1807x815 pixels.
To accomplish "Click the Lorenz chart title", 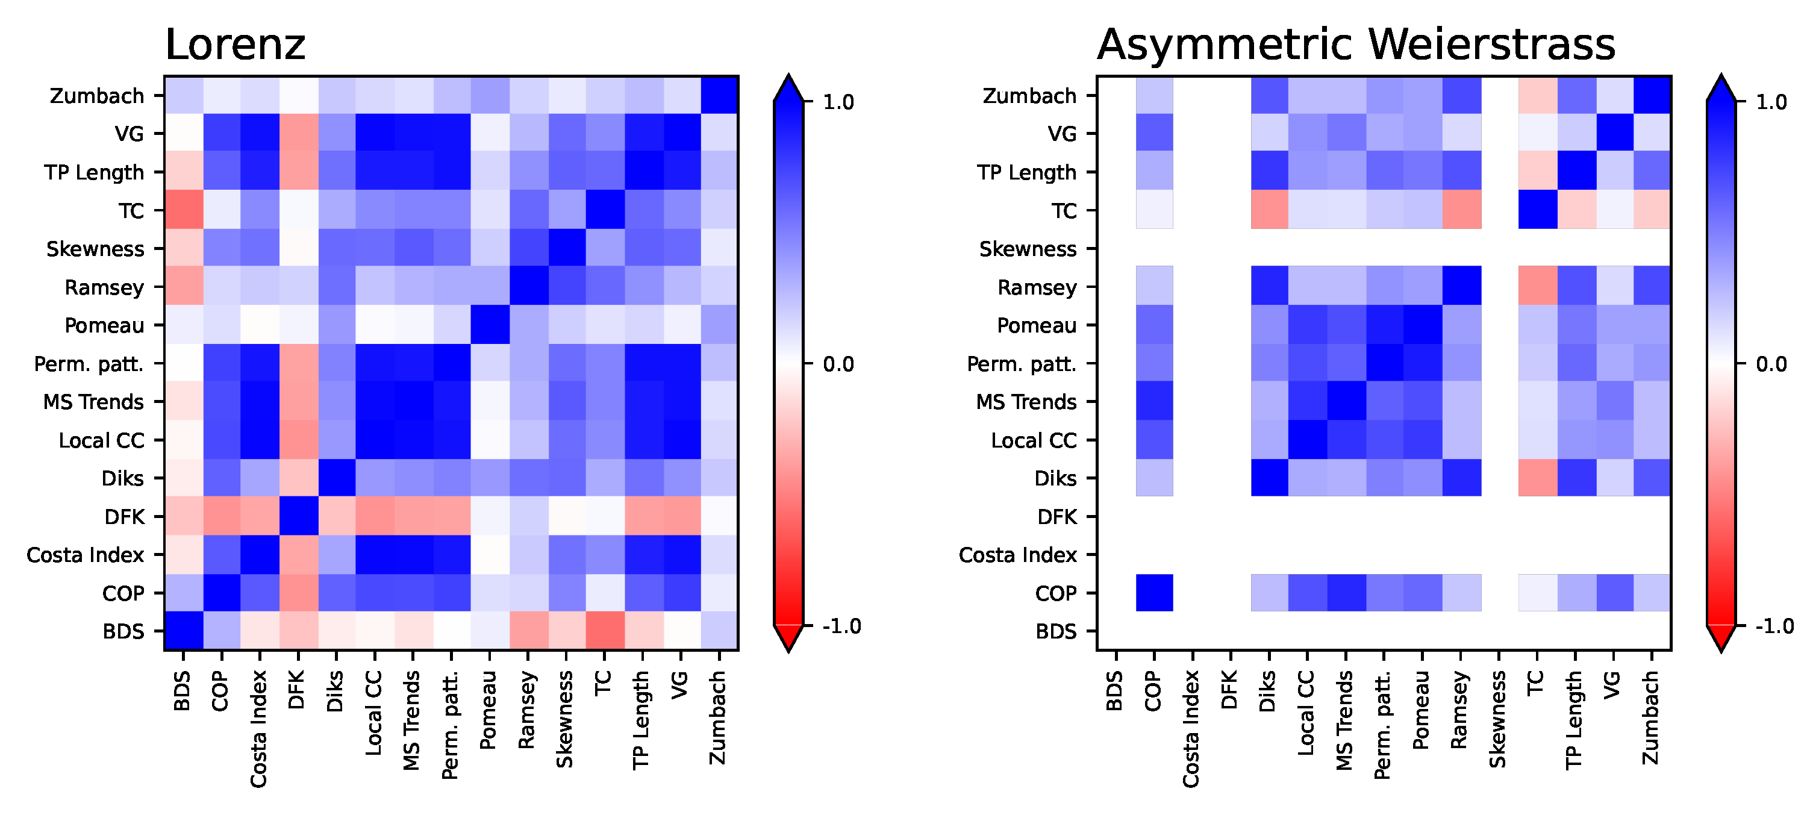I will point(235,45).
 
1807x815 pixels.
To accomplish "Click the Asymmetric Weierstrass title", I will point(1355,45).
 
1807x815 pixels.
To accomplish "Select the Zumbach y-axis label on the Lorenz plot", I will point(97,95).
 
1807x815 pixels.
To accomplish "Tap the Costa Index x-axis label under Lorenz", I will point(259,729).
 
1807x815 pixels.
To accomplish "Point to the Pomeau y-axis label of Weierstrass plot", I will point(1036,325).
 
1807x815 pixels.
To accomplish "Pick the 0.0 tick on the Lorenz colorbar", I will point(838,364).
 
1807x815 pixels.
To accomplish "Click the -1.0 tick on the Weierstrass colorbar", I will point(1774,626).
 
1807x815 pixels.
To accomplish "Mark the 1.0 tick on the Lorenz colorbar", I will point(838,102).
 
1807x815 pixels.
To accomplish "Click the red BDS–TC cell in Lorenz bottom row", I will point(604,631).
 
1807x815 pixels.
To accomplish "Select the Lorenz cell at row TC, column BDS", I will point(183,210).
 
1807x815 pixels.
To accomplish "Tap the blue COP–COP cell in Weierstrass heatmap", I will point(1154,593).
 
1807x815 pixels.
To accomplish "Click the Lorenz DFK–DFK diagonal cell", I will point(298,516).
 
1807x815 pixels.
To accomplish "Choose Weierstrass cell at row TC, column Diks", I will point(1269,210).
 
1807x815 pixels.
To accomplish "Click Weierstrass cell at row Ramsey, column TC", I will point(1537,287).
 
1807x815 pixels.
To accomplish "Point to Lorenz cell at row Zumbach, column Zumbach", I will point(719,95).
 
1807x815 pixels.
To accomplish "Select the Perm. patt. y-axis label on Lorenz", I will point(89,364).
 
